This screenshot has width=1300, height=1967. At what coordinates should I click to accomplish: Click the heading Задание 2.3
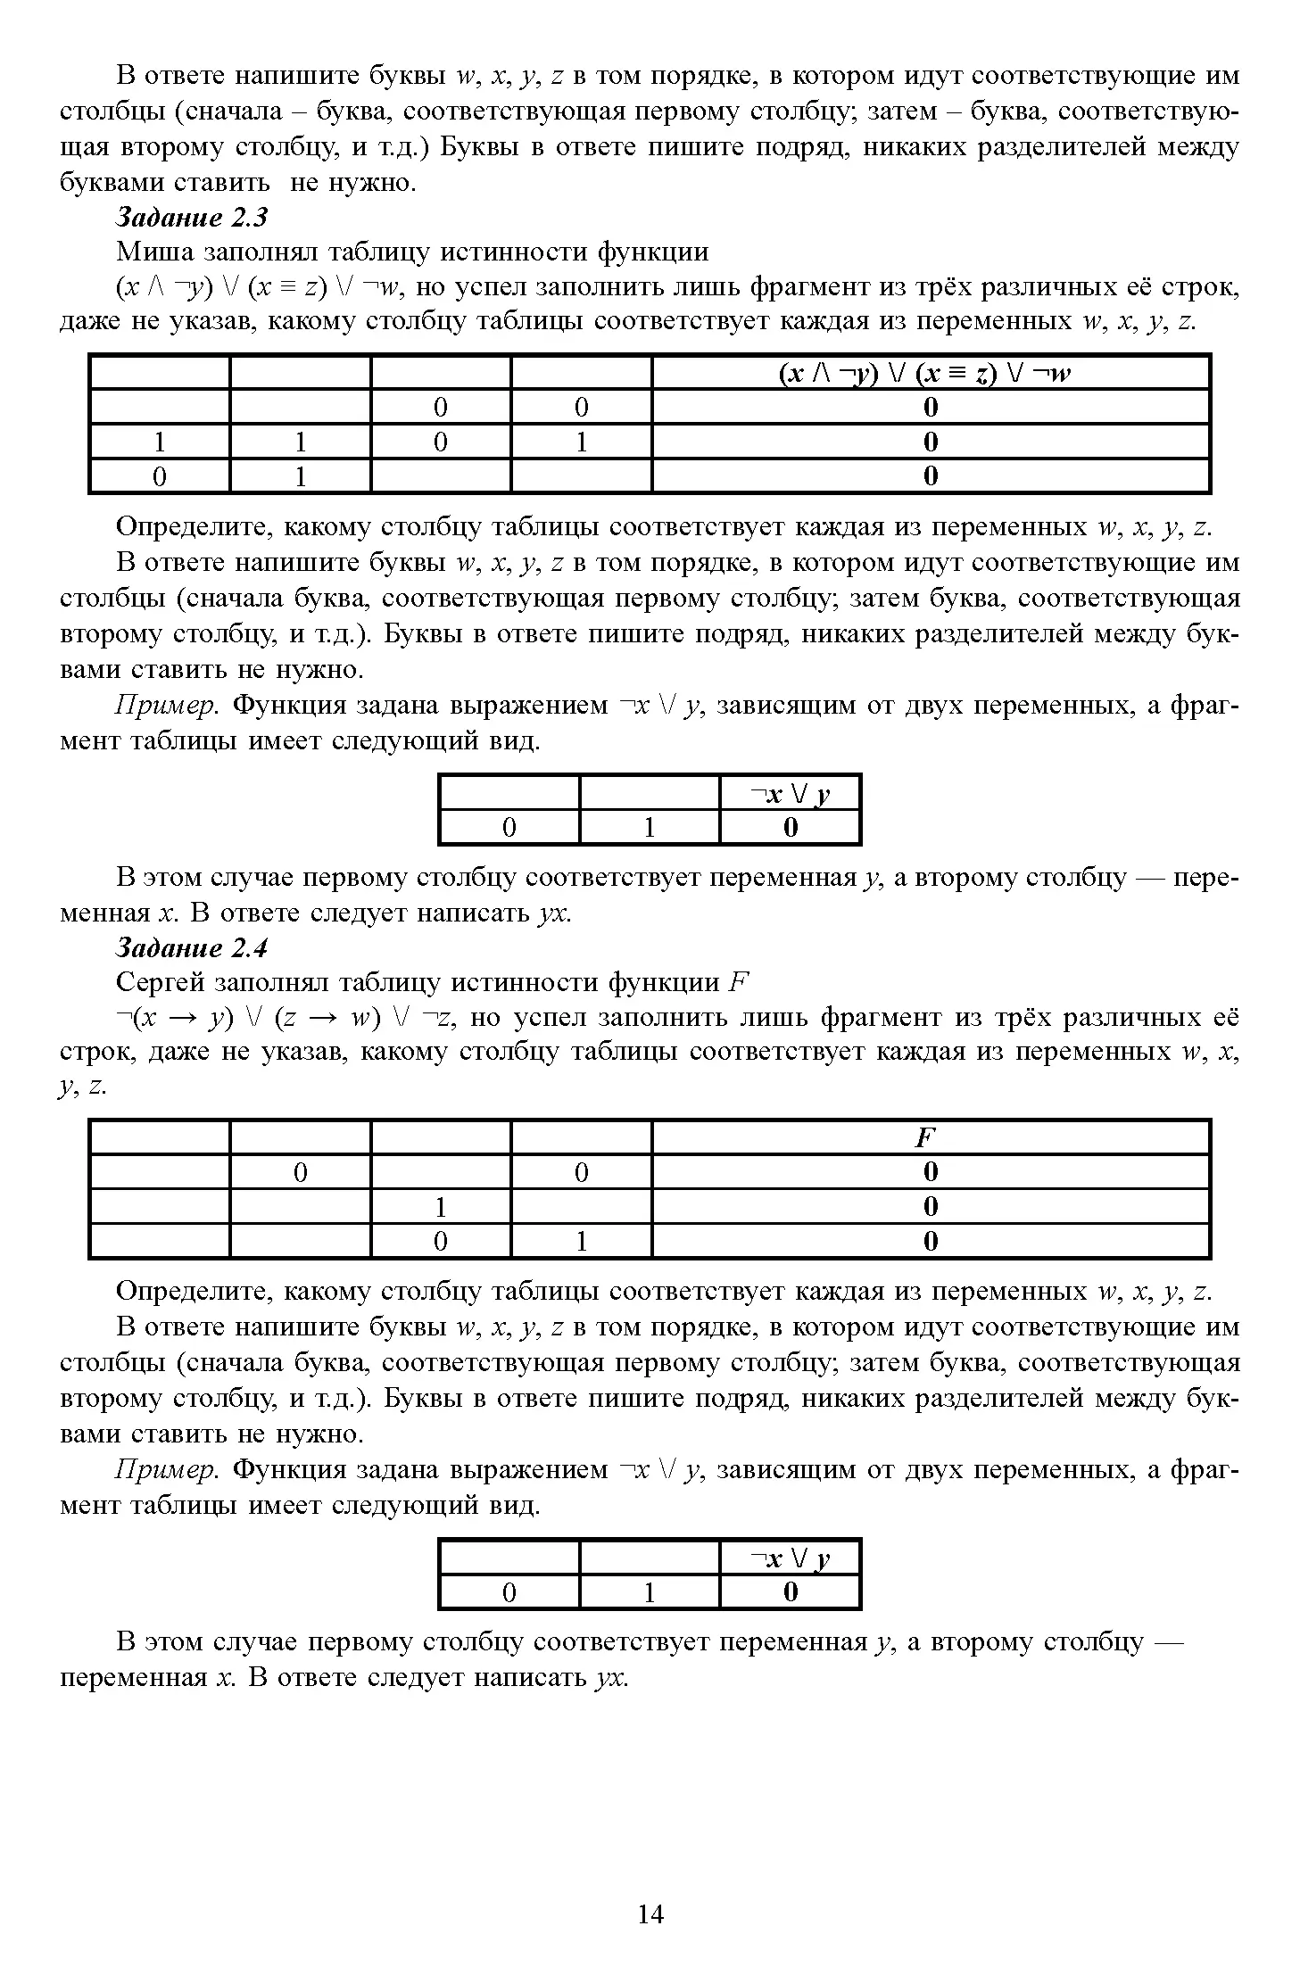coord(192,217)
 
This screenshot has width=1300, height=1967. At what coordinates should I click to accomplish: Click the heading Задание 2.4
coord(192,946)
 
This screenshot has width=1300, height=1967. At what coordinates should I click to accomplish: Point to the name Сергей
coord(161,982)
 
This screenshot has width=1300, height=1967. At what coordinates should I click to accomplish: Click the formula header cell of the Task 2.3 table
coord(930,373)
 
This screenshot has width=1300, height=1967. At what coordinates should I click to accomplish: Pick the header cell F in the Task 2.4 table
coord(930,1137)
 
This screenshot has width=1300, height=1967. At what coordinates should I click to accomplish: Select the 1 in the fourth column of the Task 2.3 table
coord(581,442)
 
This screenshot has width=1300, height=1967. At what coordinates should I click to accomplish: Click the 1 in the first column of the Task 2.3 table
coord(160,442)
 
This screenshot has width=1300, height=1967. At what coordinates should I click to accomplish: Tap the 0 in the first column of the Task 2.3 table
coord(160,477)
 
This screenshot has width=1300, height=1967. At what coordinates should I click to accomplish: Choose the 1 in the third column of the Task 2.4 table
coord(441,1207)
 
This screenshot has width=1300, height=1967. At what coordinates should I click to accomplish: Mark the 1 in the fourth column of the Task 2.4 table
coord(581,1241)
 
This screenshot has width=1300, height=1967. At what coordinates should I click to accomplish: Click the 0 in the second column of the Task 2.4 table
coord(301,1172)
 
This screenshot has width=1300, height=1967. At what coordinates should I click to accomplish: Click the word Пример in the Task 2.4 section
coord(167,1469)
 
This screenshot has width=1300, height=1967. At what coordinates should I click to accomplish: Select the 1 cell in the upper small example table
coord(650,828)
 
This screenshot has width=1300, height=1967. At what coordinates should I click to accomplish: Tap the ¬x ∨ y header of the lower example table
coord(790,1558)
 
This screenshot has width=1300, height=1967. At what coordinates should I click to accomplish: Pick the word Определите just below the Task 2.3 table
coord(195,527)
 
